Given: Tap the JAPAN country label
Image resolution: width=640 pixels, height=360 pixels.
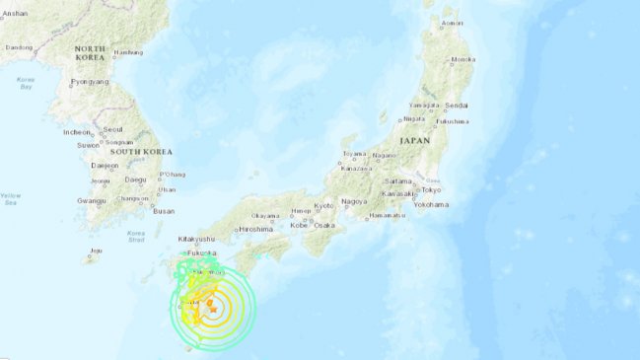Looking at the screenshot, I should [415, 142].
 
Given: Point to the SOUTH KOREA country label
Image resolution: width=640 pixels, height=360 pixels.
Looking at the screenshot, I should [141, 152].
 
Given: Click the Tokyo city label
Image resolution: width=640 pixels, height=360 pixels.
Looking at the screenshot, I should [431, 189].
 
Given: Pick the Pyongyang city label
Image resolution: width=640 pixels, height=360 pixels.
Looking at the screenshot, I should [88, 83].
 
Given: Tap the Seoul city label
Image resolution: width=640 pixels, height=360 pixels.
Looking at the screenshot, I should [112, 129].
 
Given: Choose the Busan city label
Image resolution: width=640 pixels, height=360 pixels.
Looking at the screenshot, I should [164, 211].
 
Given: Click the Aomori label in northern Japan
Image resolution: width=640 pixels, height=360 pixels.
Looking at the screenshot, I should [453, 23].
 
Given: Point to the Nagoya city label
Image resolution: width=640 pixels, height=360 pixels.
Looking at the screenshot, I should [354, 201].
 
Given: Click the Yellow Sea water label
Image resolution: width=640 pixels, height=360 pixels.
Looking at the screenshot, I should [10, 199].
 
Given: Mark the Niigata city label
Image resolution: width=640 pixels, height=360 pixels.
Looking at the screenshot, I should [415, 118].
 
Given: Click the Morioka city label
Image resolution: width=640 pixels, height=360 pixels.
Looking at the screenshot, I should [463, 59].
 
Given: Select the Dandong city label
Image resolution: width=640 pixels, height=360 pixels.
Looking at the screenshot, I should [20, 46].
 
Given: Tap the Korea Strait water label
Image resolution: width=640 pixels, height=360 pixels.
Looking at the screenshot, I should [137, 237].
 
